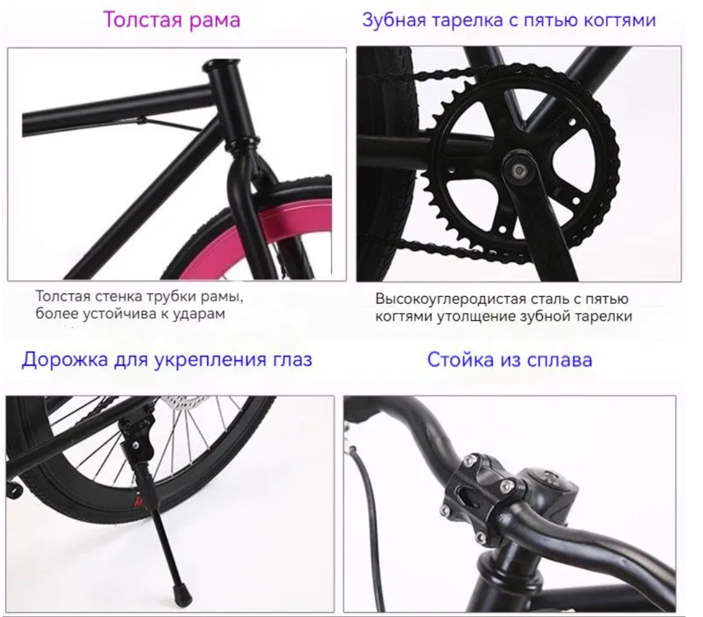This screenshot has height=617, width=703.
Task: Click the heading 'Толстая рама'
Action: point(172,20)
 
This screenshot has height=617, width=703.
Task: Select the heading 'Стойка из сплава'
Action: point(510,360)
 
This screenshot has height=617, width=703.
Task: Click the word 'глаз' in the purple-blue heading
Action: point(291,360)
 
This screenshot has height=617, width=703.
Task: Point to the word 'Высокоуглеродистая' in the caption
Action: point(449,299)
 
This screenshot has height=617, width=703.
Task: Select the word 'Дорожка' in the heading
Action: point(65,360)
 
